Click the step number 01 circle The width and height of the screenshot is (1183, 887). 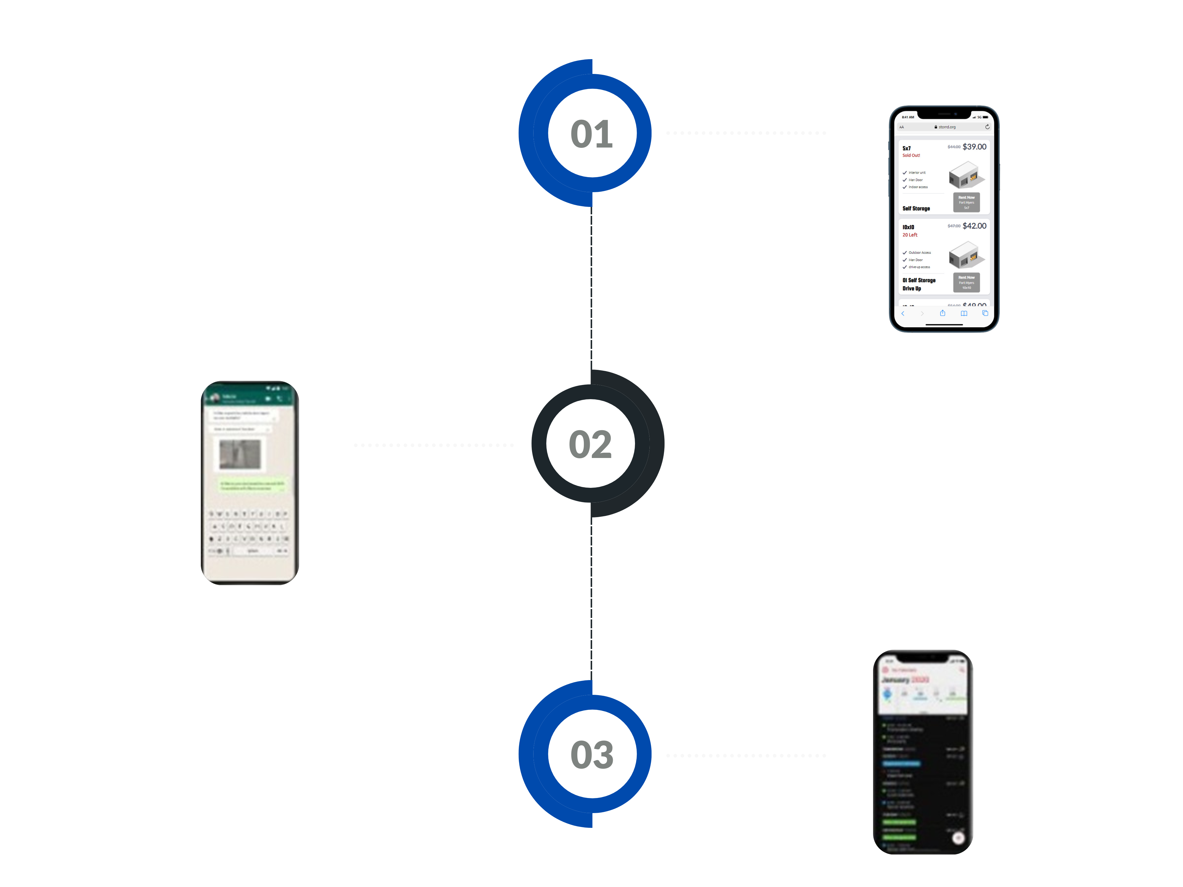[x=591, y=133]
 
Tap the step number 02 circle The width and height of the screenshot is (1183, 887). [x=590, y=444]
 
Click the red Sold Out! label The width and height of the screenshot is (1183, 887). [x=911, y=156]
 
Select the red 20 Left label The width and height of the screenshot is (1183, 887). [x=910, y=235]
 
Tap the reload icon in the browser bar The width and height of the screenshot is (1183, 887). [x=987, y=127]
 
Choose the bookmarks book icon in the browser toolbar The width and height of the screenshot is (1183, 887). [x=964, y=313]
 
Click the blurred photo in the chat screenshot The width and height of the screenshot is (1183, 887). [x=240, y=454]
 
